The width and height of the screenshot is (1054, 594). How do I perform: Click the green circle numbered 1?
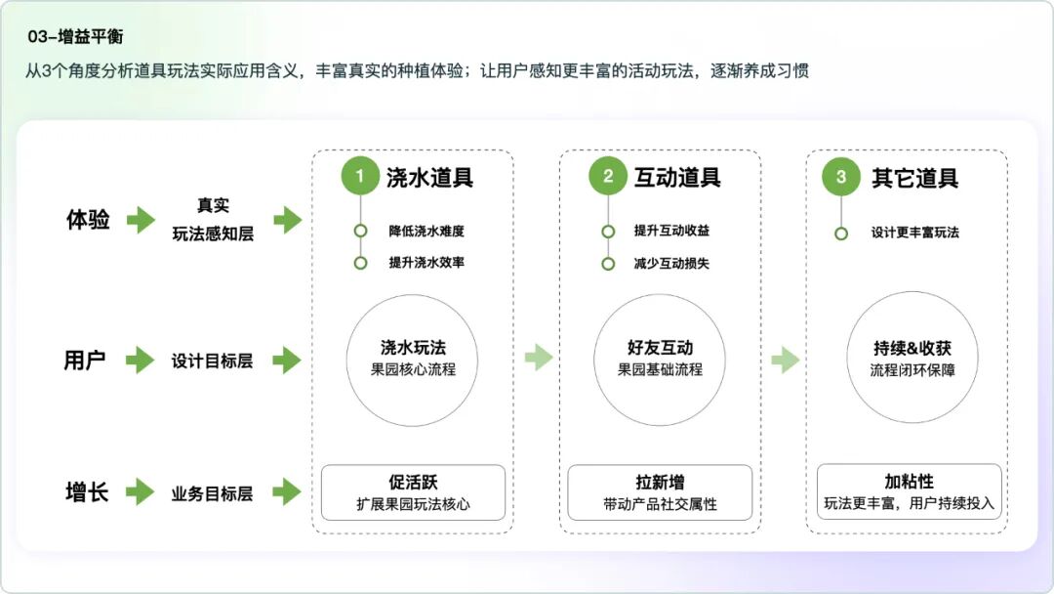[360, 177]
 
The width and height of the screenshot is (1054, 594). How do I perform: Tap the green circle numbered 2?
[608, 177]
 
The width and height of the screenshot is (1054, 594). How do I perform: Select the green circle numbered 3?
[841, 177]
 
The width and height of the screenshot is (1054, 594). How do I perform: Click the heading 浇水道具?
[429, 178]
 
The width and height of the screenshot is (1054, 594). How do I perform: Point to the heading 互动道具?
[677, 178]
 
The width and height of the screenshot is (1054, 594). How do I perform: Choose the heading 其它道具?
[914, 178]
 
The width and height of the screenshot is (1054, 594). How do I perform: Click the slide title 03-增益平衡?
[75, 37]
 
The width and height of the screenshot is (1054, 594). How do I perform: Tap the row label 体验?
[87, 220]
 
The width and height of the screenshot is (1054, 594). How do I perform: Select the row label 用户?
[85, 361]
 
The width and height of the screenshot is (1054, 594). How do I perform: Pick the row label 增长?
[86, 492]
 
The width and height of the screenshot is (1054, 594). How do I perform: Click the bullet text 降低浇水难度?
[426, 232]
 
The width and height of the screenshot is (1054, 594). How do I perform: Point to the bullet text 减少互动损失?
[671, 263]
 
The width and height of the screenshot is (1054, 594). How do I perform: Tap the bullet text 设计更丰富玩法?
[915, 233]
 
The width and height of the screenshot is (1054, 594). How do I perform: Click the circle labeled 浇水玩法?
[414, 359]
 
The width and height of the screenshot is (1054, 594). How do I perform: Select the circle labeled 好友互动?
[660, 359]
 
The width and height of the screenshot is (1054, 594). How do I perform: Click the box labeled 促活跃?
[414, 492]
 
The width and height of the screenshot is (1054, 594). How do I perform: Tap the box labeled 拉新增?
[660, 492]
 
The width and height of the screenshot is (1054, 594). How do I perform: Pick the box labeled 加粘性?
[910, 492]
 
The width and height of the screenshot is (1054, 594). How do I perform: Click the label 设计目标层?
[212, 361]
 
